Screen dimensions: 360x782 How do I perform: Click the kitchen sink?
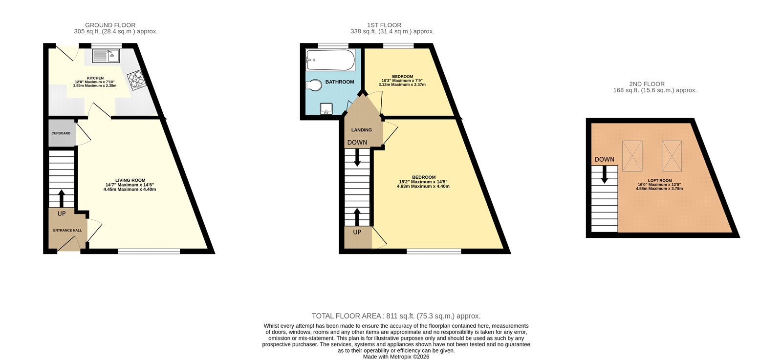106,56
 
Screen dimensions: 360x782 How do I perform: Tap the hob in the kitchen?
136,81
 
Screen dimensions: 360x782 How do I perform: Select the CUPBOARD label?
61,133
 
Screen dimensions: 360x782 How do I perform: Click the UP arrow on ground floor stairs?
62,198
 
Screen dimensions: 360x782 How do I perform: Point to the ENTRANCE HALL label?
67,231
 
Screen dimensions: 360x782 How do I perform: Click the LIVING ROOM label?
130,180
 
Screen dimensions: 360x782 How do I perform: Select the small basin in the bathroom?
326,108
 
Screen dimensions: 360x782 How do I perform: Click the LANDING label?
362,130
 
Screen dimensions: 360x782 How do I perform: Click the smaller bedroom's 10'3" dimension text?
402,81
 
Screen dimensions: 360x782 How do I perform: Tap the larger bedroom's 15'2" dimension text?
423,182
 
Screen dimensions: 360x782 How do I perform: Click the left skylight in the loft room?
632,156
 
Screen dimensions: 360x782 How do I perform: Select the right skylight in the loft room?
671,155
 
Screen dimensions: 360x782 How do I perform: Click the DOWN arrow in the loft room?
605,174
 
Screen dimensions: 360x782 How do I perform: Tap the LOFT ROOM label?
660,180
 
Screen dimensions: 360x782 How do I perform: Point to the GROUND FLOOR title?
110,25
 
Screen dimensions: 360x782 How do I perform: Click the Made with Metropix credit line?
396,357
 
